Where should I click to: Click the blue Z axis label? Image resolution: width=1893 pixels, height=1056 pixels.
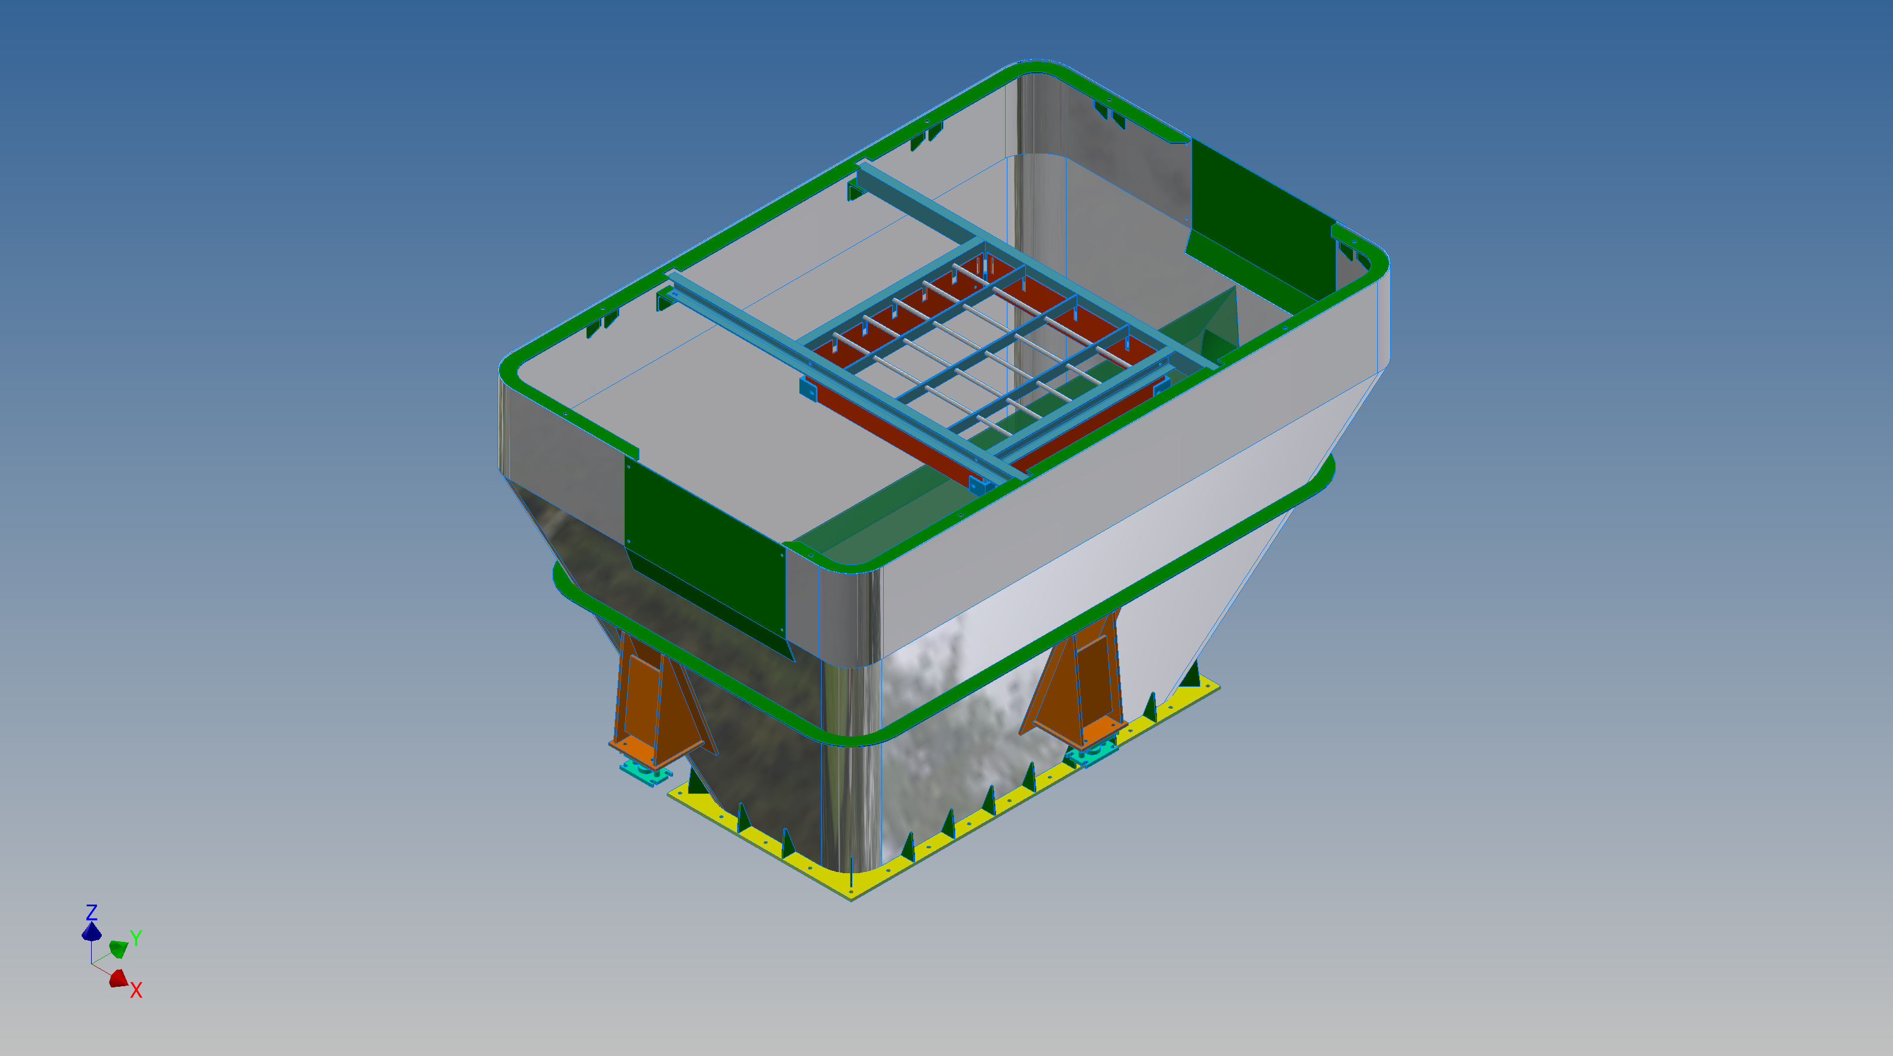click(92, 913)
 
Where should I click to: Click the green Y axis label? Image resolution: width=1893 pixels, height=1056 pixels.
click(136, 938)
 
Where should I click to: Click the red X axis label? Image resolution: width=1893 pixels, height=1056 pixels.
click(136, 990)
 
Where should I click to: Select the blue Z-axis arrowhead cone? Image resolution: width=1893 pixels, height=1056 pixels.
click(92, 932)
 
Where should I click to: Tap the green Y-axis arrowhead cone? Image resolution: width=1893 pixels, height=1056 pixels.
click(118, 948)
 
